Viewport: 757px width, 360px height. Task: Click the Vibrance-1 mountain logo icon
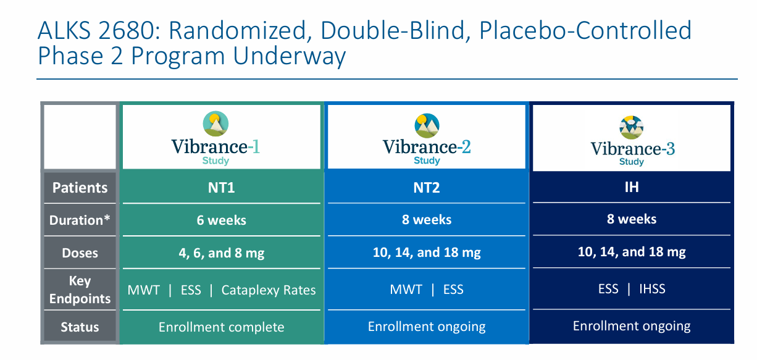coord(215,123)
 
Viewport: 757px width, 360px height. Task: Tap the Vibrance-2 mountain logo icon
coord(427,126)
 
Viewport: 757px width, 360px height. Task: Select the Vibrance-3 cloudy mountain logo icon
coord(631,127)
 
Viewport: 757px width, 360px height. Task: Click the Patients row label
coord(80,188)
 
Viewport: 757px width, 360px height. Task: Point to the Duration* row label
coord(80,220)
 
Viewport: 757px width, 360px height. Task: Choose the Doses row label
coord(80,253)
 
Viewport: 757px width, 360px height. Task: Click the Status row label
coord(80,327)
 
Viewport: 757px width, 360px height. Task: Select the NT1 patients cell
coord(221,188)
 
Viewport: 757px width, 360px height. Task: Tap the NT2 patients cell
coord(427,188)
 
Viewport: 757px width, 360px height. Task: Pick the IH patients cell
coord(632,187)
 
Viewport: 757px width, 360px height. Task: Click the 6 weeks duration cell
coord(221,220)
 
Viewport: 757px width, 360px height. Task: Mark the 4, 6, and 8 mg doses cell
coord(221,253)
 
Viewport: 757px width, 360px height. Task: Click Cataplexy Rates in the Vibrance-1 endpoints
coord(269,290)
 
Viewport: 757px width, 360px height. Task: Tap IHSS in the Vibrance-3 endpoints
coord(652,289)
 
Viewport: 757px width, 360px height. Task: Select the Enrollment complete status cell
coord(221,327)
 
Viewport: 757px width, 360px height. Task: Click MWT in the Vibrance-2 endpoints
coord(406,290)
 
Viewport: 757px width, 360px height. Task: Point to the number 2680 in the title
coord(129,30)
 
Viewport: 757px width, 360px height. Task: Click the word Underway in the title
coord(290,56)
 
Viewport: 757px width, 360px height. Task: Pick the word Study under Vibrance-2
coord(427,161)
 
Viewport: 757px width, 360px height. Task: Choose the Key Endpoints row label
coord(80,290)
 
